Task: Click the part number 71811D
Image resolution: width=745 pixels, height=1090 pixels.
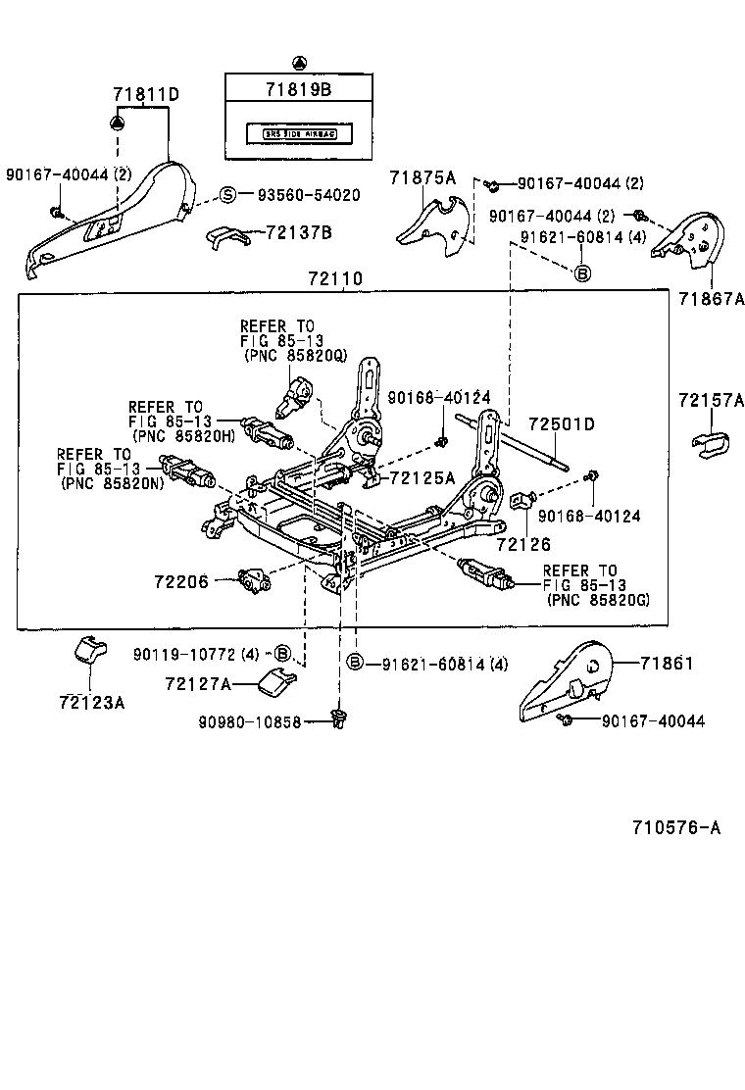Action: (146, 94)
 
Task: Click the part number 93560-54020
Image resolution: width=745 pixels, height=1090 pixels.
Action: (308, 195)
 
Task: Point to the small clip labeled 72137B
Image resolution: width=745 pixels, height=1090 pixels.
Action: (227, 236)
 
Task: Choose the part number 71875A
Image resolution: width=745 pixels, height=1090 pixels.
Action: (422, 177)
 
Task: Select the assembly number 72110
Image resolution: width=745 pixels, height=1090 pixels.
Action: (335, 279)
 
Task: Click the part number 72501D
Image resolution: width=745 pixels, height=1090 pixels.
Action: (562, 424)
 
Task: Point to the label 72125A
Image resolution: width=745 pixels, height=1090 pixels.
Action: (422, 477)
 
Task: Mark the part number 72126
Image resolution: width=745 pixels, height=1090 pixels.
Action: (523, 544)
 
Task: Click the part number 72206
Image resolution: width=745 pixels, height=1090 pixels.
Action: (181, 581)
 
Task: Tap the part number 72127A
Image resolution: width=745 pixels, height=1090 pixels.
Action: (198, 684)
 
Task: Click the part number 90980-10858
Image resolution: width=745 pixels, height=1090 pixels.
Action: (253, 721)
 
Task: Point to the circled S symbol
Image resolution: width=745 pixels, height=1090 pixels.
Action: (226, 195)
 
